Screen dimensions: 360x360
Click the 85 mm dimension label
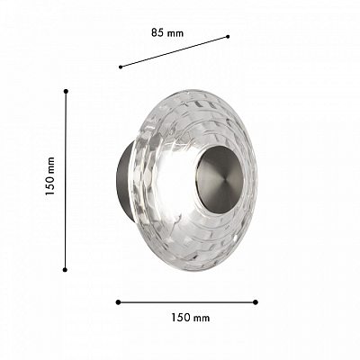[167, 32]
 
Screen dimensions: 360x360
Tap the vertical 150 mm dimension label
[50, 176]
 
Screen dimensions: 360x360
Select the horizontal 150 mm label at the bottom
[191, 318]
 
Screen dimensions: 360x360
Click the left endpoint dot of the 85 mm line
[121, 67]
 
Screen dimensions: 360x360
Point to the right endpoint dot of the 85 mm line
[228, 37]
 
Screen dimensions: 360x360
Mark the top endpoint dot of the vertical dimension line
[66, 91]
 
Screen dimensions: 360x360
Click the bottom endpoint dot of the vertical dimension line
[65, 270]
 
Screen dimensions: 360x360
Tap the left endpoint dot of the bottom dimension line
[118, 302]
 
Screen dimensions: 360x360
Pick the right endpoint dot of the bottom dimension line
[256, 302]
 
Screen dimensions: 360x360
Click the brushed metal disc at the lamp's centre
[220, 179]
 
